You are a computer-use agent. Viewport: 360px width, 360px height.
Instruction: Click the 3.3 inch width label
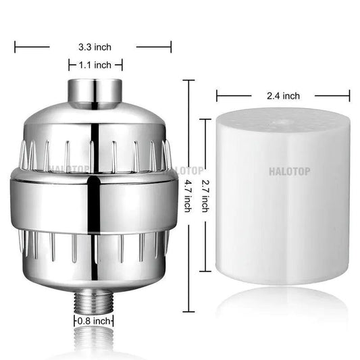tap(94, 47)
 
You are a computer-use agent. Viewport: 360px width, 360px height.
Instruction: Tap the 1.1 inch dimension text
tap(94, 65)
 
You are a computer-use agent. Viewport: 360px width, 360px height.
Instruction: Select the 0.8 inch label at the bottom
tap(94, 322)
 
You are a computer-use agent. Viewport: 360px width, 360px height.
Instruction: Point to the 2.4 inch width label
tap(282, 96)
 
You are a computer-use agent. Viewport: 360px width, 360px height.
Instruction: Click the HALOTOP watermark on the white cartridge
tap(290, 172)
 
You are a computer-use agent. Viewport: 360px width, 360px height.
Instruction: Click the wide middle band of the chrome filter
tap(94, 199)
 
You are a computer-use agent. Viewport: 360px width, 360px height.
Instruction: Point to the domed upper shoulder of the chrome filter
tap(94, 122)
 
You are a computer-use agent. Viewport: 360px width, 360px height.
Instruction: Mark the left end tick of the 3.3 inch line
tap(16, 47)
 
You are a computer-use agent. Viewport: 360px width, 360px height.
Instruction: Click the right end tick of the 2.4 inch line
tap(350, 96)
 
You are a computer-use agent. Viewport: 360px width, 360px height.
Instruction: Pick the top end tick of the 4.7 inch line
tap(188, 80)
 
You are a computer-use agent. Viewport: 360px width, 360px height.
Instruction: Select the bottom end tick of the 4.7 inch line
tap(188, 312)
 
